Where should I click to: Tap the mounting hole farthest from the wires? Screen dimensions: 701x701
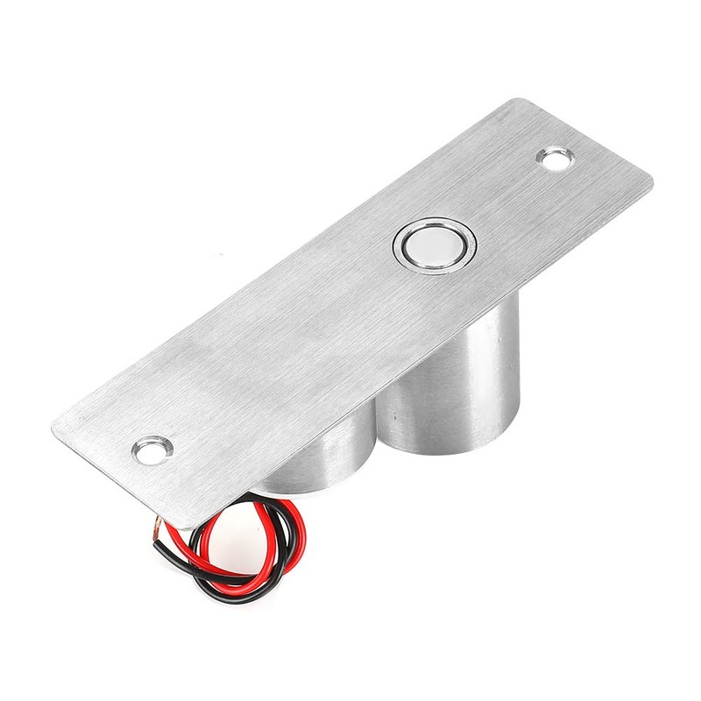(554, 159)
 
